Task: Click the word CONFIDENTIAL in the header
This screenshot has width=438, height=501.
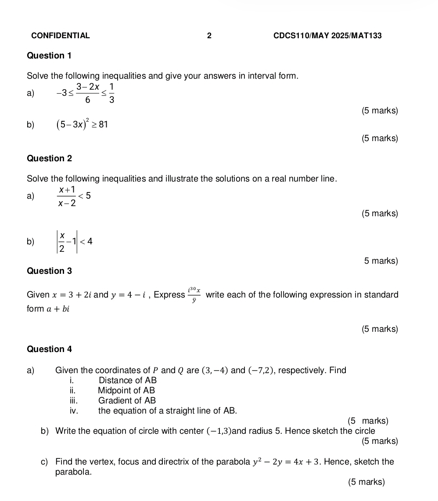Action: tap(61, 36)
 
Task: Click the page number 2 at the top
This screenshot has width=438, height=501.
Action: tap(209, 36)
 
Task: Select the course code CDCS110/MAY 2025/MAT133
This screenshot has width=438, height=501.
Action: tap(327, 36)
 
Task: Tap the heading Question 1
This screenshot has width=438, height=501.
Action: tap(49, 56)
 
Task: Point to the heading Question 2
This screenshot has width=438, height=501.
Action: tap(49, 158)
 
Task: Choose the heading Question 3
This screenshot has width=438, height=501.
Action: tap(49, 271)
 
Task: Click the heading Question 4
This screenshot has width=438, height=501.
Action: tap(49, 349)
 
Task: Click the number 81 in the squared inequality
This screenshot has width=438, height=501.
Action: tap(103, 124)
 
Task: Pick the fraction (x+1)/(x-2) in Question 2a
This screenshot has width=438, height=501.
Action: tap(66, 196)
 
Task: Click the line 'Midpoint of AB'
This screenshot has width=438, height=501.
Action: tap(126, 390)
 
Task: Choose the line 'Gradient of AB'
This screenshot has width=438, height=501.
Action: tap(127, 400)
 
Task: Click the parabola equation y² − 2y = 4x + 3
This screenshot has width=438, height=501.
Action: tap(286, 462)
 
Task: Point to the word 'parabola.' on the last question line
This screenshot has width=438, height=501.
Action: tap(74, 472)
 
